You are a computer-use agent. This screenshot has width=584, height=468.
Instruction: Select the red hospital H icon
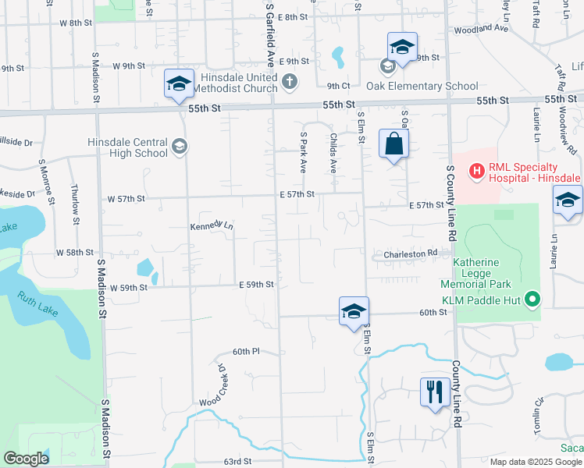pyautogui.click(x=475, y=169)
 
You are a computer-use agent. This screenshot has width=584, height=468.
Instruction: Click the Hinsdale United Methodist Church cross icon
pyautogui.click(x=289, y=81)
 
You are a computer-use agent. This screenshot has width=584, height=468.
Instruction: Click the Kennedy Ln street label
pyautogui.click(x=212, y=226)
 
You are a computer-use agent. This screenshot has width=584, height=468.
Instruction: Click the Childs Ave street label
pyautogui.click(x=333, y=153)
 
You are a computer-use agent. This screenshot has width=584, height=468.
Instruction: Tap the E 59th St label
pyautogui.click(x=256, y=285)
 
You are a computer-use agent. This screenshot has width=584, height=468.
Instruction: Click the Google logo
pyautogui.click(x=26, y=459)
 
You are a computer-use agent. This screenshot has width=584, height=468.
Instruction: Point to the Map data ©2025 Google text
pyautogui.click(x=535, y=462)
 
